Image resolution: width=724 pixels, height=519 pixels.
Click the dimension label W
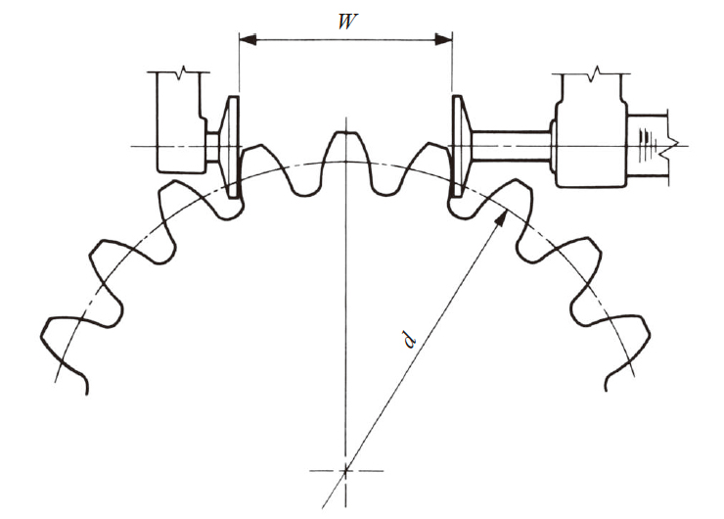(x=347, y=22)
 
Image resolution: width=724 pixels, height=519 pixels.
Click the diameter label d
(x=410, y=339)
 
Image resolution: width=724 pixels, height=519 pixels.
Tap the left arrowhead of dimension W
(x=248, y=40)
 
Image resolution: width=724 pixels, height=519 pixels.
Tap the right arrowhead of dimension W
(x=444, y=40)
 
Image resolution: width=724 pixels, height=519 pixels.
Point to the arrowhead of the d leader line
(x=502, y=218)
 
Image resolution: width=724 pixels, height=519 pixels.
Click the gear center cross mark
(x=345, y=471)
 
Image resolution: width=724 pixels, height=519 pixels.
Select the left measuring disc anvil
(x=230, y=148)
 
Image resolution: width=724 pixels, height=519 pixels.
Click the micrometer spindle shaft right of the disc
(x=511, y=146)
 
